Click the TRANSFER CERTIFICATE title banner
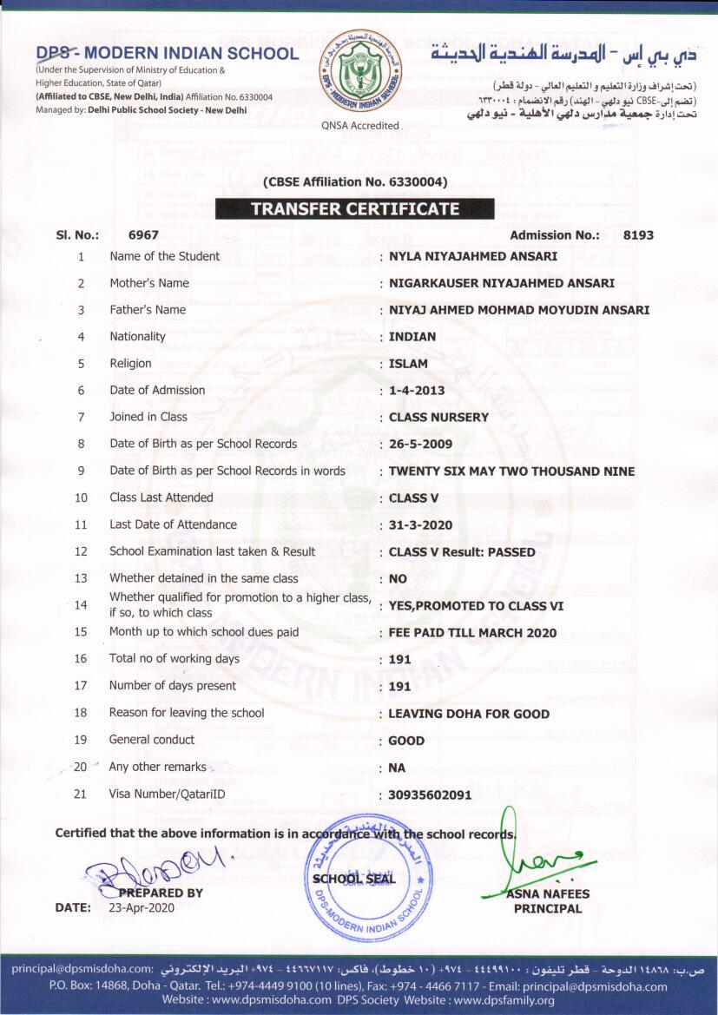pyautogui.click(x=354, y=208)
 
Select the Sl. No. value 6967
pyautogui.click(x=143, y=234)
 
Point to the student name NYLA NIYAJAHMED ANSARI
pyautogui.click(x=473, y=256)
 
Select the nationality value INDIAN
pyautogui.click(x=412, y=337)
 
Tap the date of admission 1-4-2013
pyautogui.click(x=417, y=391)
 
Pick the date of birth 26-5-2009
pyautogui.click(x=420, y=445)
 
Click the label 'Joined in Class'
pyautogui.click(x=148, y=417)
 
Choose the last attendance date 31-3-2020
pyautogui.click(x=420, y=525)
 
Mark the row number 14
pyautogui.click(x=81, y=604)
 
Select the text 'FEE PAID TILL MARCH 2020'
pyautogui.click(x=472, y=633)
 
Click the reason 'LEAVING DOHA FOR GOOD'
pyautogui.click(x=469, y=714)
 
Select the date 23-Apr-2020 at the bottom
pyautogui.click(x=142, y=907)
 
